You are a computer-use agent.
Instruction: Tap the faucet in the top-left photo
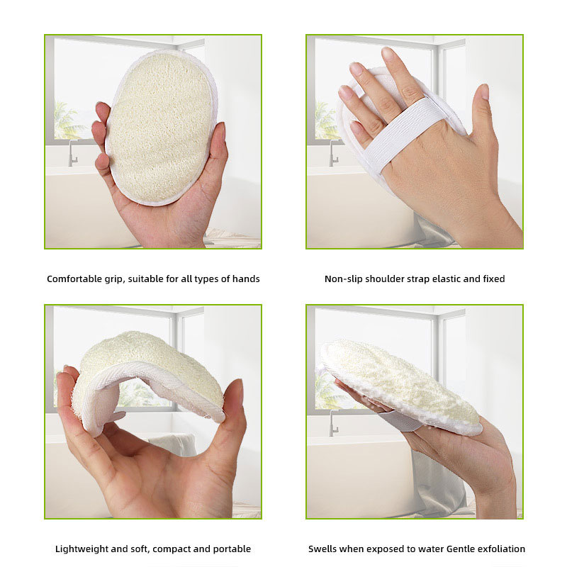[73, 153]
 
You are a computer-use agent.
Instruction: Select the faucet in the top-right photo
[333, 153]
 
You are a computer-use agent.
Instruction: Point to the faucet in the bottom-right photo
[333, 423]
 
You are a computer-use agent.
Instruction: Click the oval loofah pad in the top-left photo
[162, 128]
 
